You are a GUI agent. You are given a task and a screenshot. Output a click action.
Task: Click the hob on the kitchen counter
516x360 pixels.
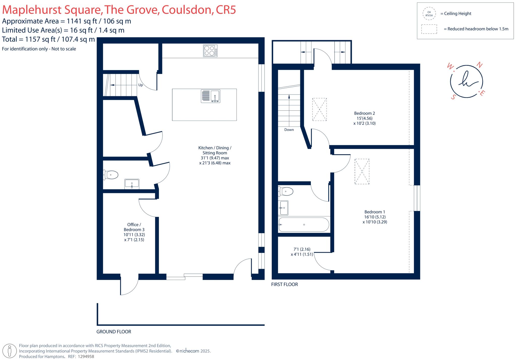click(210, 51)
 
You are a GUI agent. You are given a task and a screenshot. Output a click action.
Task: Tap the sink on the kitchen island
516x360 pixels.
click(211, 96)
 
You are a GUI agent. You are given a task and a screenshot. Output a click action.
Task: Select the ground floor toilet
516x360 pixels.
click(111, 175)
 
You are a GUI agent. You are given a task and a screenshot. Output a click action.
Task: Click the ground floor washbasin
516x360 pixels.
click(132, 184)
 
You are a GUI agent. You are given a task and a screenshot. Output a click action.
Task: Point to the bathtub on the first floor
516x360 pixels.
click(304, 225)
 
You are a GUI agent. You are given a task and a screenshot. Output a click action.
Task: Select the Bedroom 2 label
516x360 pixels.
click(364, 113)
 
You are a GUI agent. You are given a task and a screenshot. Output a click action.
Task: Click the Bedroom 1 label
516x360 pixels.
click(375, 212)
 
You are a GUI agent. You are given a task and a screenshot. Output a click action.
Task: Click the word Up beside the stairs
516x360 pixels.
click(141, 85)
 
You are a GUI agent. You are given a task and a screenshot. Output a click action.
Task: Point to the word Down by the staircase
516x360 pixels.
click(289, 130)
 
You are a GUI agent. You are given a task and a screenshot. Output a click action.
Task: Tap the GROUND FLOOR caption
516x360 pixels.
click(114, 332)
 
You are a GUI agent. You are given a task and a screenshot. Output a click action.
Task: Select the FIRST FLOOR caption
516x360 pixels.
click(284, 284)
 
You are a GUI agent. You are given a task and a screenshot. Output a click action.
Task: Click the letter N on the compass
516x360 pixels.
click(479, 65)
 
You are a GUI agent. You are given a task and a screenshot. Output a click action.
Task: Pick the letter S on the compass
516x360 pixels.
click(453, 97)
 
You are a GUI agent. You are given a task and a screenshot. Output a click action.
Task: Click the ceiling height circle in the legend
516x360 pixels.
click(429, 14)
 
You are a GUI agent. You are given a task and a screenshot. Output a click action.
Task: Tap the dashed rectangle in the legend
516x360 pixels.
click(429, 29)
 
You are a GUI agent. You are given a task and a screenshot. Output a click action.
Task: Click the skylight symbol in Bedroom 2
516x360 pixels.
click(319, 109)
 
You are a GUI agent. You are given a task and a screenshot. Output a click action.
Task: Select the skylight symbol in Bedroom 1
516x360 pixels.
click(362, 171)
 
